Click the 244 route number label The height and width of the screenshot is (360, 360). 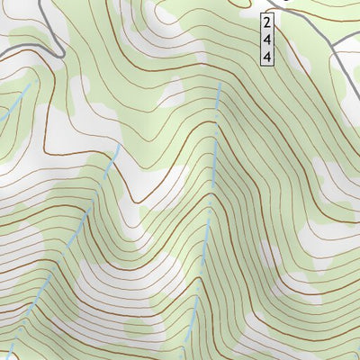(267, 39)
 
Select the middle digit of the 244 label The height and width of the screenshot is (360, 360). (267, 39)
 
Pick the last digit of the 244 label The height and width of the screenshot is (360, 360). (267, 56)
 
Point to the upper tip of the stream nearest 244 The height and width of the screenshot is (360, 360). (220, 85)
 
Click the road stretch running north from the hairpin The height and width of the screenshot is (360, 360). (54, 22)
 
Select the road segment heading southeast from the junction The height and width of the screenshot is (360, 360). (346, 67)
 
